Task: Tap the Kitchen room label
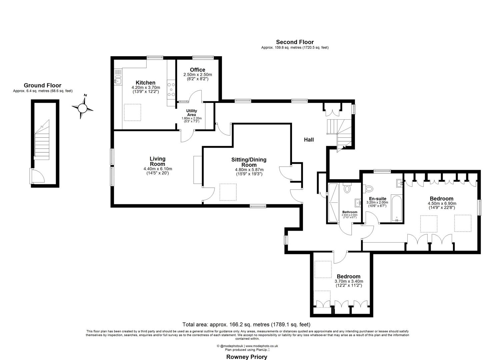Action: pyautogui.click(x=145, y=83)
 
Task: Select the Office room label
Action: pyautogui.click(x=198, y=70)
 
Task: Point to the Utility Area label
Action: pyautogui.click(x=192, y=113)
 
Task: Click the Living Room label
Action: pyautogui.click(x=157, y=161)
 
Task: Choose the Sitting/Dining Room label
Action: pyautogui.click(x=249, y=162)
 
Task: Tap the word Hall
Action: pyautogui.click(x=309, y=140)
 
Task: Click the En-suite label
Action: pyautogui.click(x=377, y=199)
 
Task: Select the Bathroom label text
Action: pyautogui.click(x=350, y=212)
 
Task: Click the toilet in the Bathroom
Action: pyautogui.click(x=347, y=189)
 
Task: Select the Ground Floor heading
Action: pyautogui.click(x=42, y=86)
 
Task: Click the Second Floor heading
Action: pyautogui.click(x=295, y=42)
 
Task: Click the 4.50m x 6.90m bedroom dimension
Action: pyautogui.click(x=442, y=203)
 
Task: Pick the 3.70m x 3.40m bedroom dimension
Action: pyautogui.click(x=348, y=281)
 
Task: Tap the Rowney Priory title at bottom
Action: pyautogui.click(x=247, y=357)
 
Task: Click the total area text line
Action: pyautogui.click(x=246, y=324)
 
